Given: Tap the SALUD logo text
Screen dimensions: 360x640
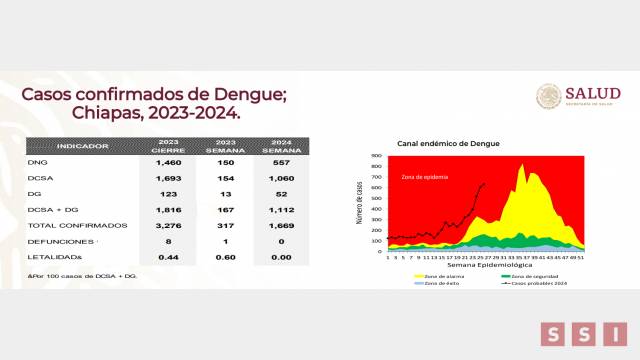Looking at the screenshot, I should [593, 93].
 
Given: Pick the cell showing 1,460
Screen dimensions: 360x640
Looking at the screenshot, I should [167, 161].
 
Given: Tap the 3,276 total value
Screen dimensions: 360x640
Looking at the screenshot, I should [167, 226].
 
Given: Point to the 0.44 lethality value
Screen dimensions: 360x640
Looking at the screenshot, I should [167, 258].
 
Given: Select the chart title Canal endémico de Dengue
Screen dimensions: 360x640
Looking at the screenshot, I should [448, 144].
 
